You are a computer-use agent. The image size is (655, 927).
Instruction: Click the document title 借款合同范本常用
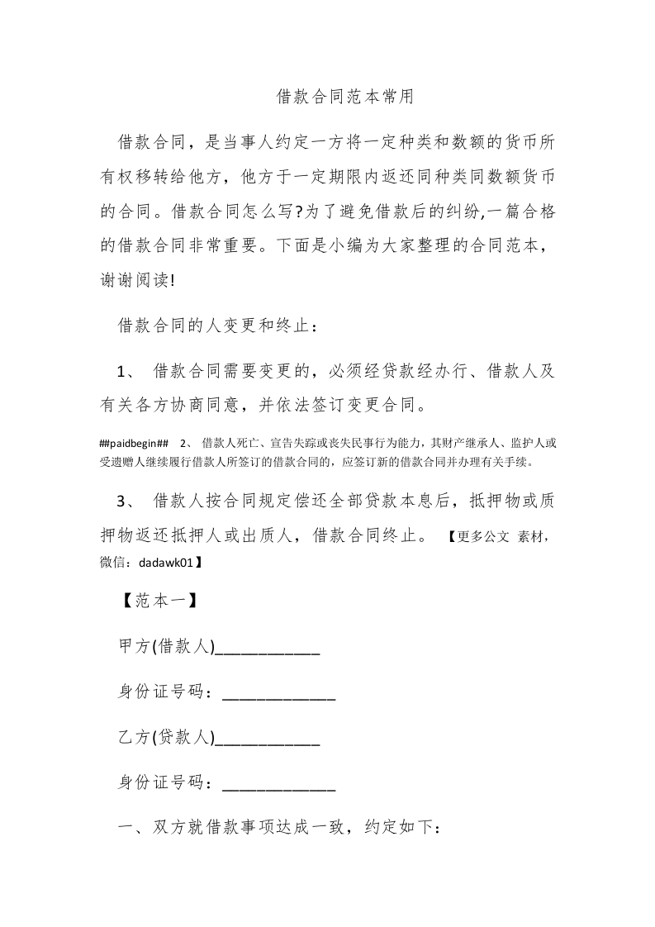coord(344,97)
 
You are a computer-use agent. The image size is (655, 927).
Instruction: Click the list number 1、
coord(132,370)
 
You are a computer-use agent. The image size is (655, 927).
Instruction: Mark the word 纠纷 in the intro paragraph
coord(457,212)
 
